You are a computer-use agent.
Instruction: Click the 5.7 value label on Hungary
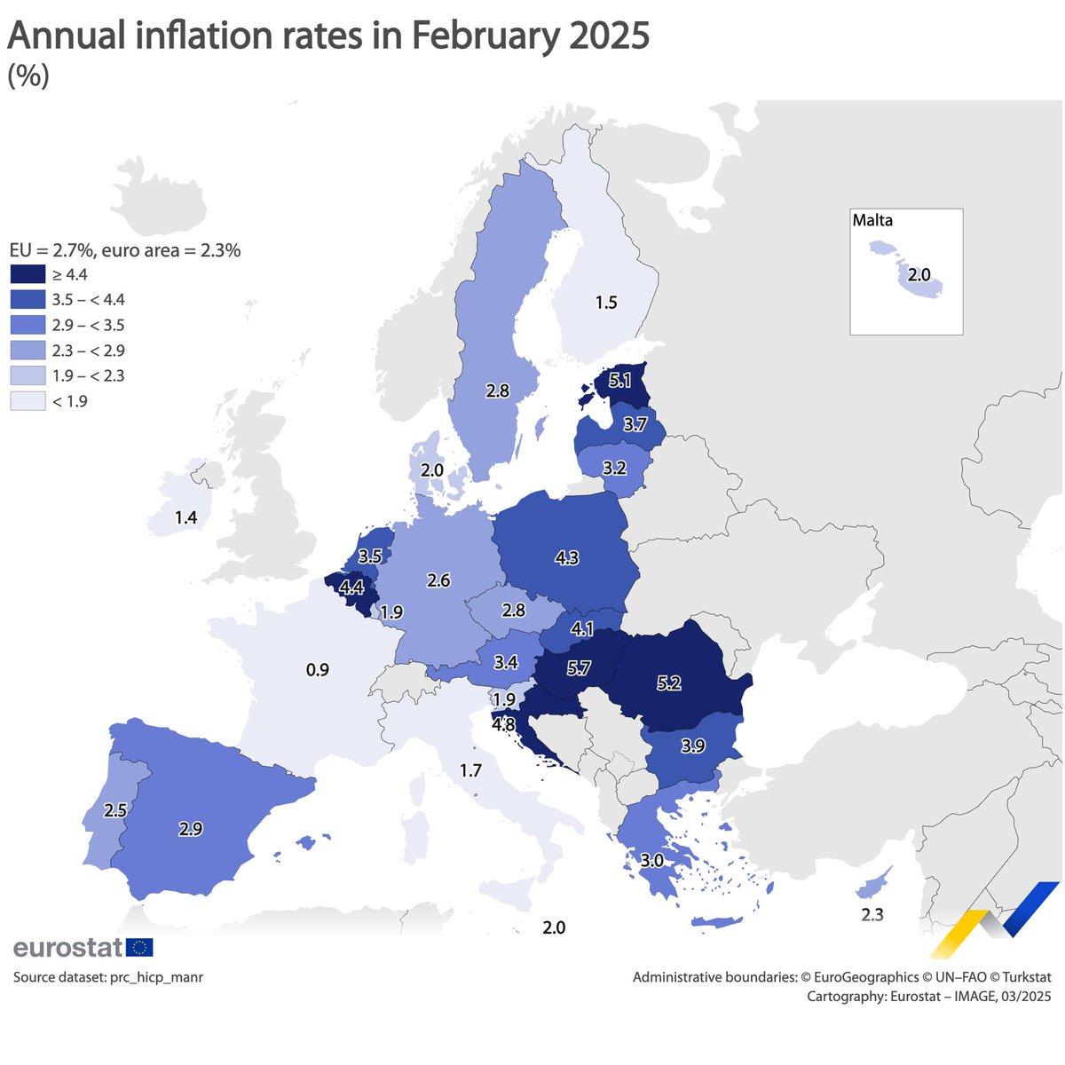point(578,668)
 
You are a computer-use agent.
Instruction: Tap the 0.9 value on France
point(318,669)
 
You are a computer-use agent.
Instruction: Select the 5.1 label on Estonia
point(620,382)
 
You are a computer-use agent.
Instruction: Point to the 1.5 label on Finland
point(605,303)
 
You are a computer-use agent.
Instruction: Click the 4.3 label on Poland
point(566,557)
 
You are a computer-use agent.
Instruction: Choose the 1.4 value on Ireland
point(185,517)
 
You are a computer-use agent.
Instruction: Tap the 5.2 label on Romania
point(668,683)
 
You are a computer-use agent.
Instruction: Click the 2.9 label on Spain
point(190,829)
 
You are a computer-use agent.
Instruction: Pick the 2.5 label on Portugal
point(114,809)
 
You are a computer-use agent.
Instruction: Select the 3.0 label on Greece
point(651,860)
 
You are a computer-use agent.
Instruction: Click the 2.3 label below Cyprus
point(872,914)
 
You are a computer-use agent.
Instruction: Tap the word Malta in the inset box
point(872,220)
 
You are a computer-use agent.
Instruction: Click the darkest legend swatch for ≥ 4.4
point(27,275)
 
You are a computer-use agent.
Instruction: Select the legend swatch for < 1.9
point(27,401)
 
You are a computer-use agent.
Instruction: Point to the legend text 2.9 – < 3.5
point(88,326)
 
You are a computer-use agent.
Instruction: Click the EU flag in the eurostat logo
point(139,947)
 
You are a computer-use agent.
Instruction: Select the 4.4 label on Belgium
point(351,587)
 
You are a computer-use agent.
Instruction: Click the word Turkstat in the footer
point(1021,977)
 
